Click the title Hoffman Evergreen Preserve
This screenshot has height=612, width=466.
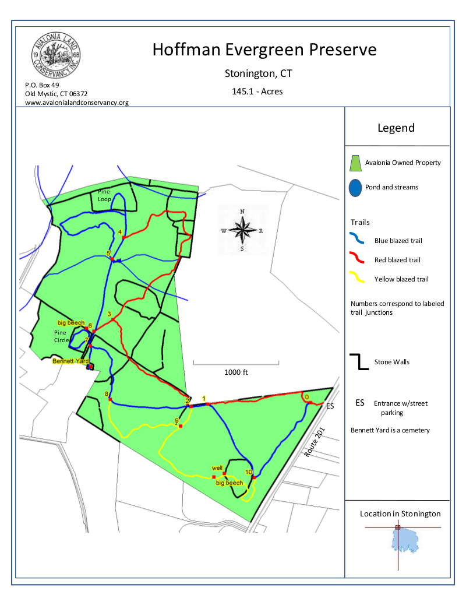[264, 50]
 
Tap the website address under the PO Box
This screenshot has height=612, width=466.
[76, 103]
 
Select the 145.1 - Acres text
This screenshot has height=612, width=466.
[257, 92]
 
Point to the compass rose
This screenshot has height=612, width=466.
[242, 230]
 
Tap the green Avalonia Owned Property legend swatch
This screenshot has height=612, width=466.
[355, 163]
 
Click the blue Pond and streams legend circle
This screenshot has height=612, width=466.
[355, 188]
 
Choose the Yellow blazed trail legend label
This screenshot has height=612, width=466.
[401, 279]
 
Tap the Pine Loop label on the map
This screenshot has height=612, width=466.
[104, 195]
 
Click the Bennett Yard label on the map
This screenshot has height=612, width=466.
[70, 361]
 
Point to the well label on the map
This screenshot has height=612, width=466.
[217, 468]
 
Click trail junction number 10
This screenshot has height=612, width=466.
[248, 472]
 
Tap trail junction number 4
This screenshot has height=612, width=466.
[120, 232]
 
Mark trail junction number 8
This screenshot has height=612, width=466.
[107, 394]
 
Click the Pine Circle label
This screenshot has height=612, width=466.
[60, 336]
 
